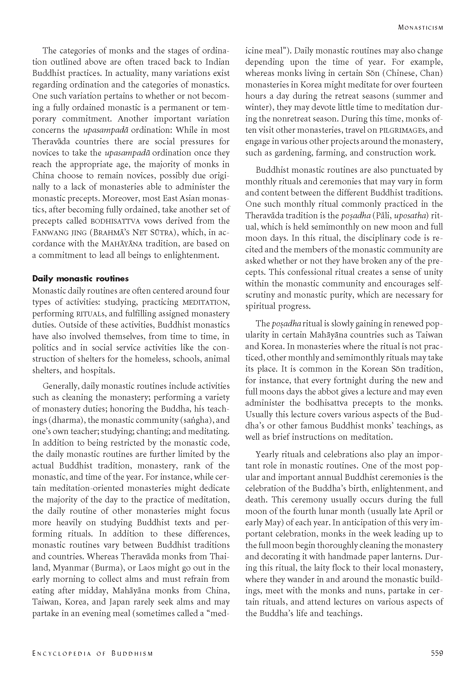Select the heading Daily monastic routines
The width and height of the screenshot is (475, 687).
coord(81,278)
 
